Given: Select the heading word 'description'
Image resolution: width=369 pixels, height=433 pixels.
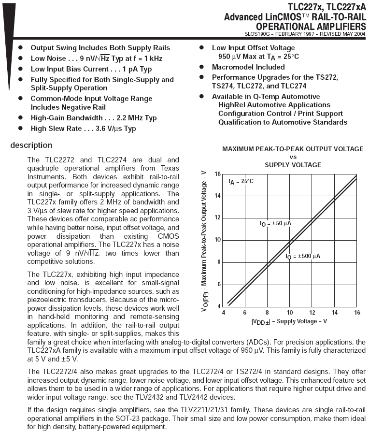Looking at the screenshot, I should point(31,145).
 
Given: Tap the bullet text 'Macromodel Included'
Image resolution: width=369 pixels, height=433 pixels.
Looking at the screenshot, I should point(248,67).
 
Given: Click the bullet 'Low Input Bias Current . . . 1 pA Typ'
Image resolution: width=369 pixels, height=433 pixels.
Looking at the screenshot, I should point(91,69).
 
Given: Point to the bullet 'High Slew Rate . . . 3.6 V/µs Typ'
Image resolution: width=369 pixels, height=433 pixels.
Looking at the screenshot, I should point(83,129).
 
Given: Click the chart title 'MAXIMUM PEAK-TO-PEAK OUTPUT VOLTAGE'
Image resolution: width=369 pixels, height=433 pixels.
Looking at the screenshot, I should point(293,149).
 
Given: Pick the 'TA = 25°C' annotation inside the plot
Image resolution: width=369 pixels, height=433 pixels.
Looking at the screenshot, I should point(241,181).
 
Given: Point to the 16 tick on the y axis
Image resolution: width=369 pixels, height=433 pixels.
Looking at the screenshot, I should point(217,174).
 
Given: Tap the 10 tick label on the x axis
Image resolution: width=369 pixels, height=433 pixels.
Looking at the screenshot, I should point(290,312).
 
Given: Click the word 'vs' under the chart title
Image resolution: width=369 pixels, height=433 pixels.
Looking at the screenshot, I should point(293,157).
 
